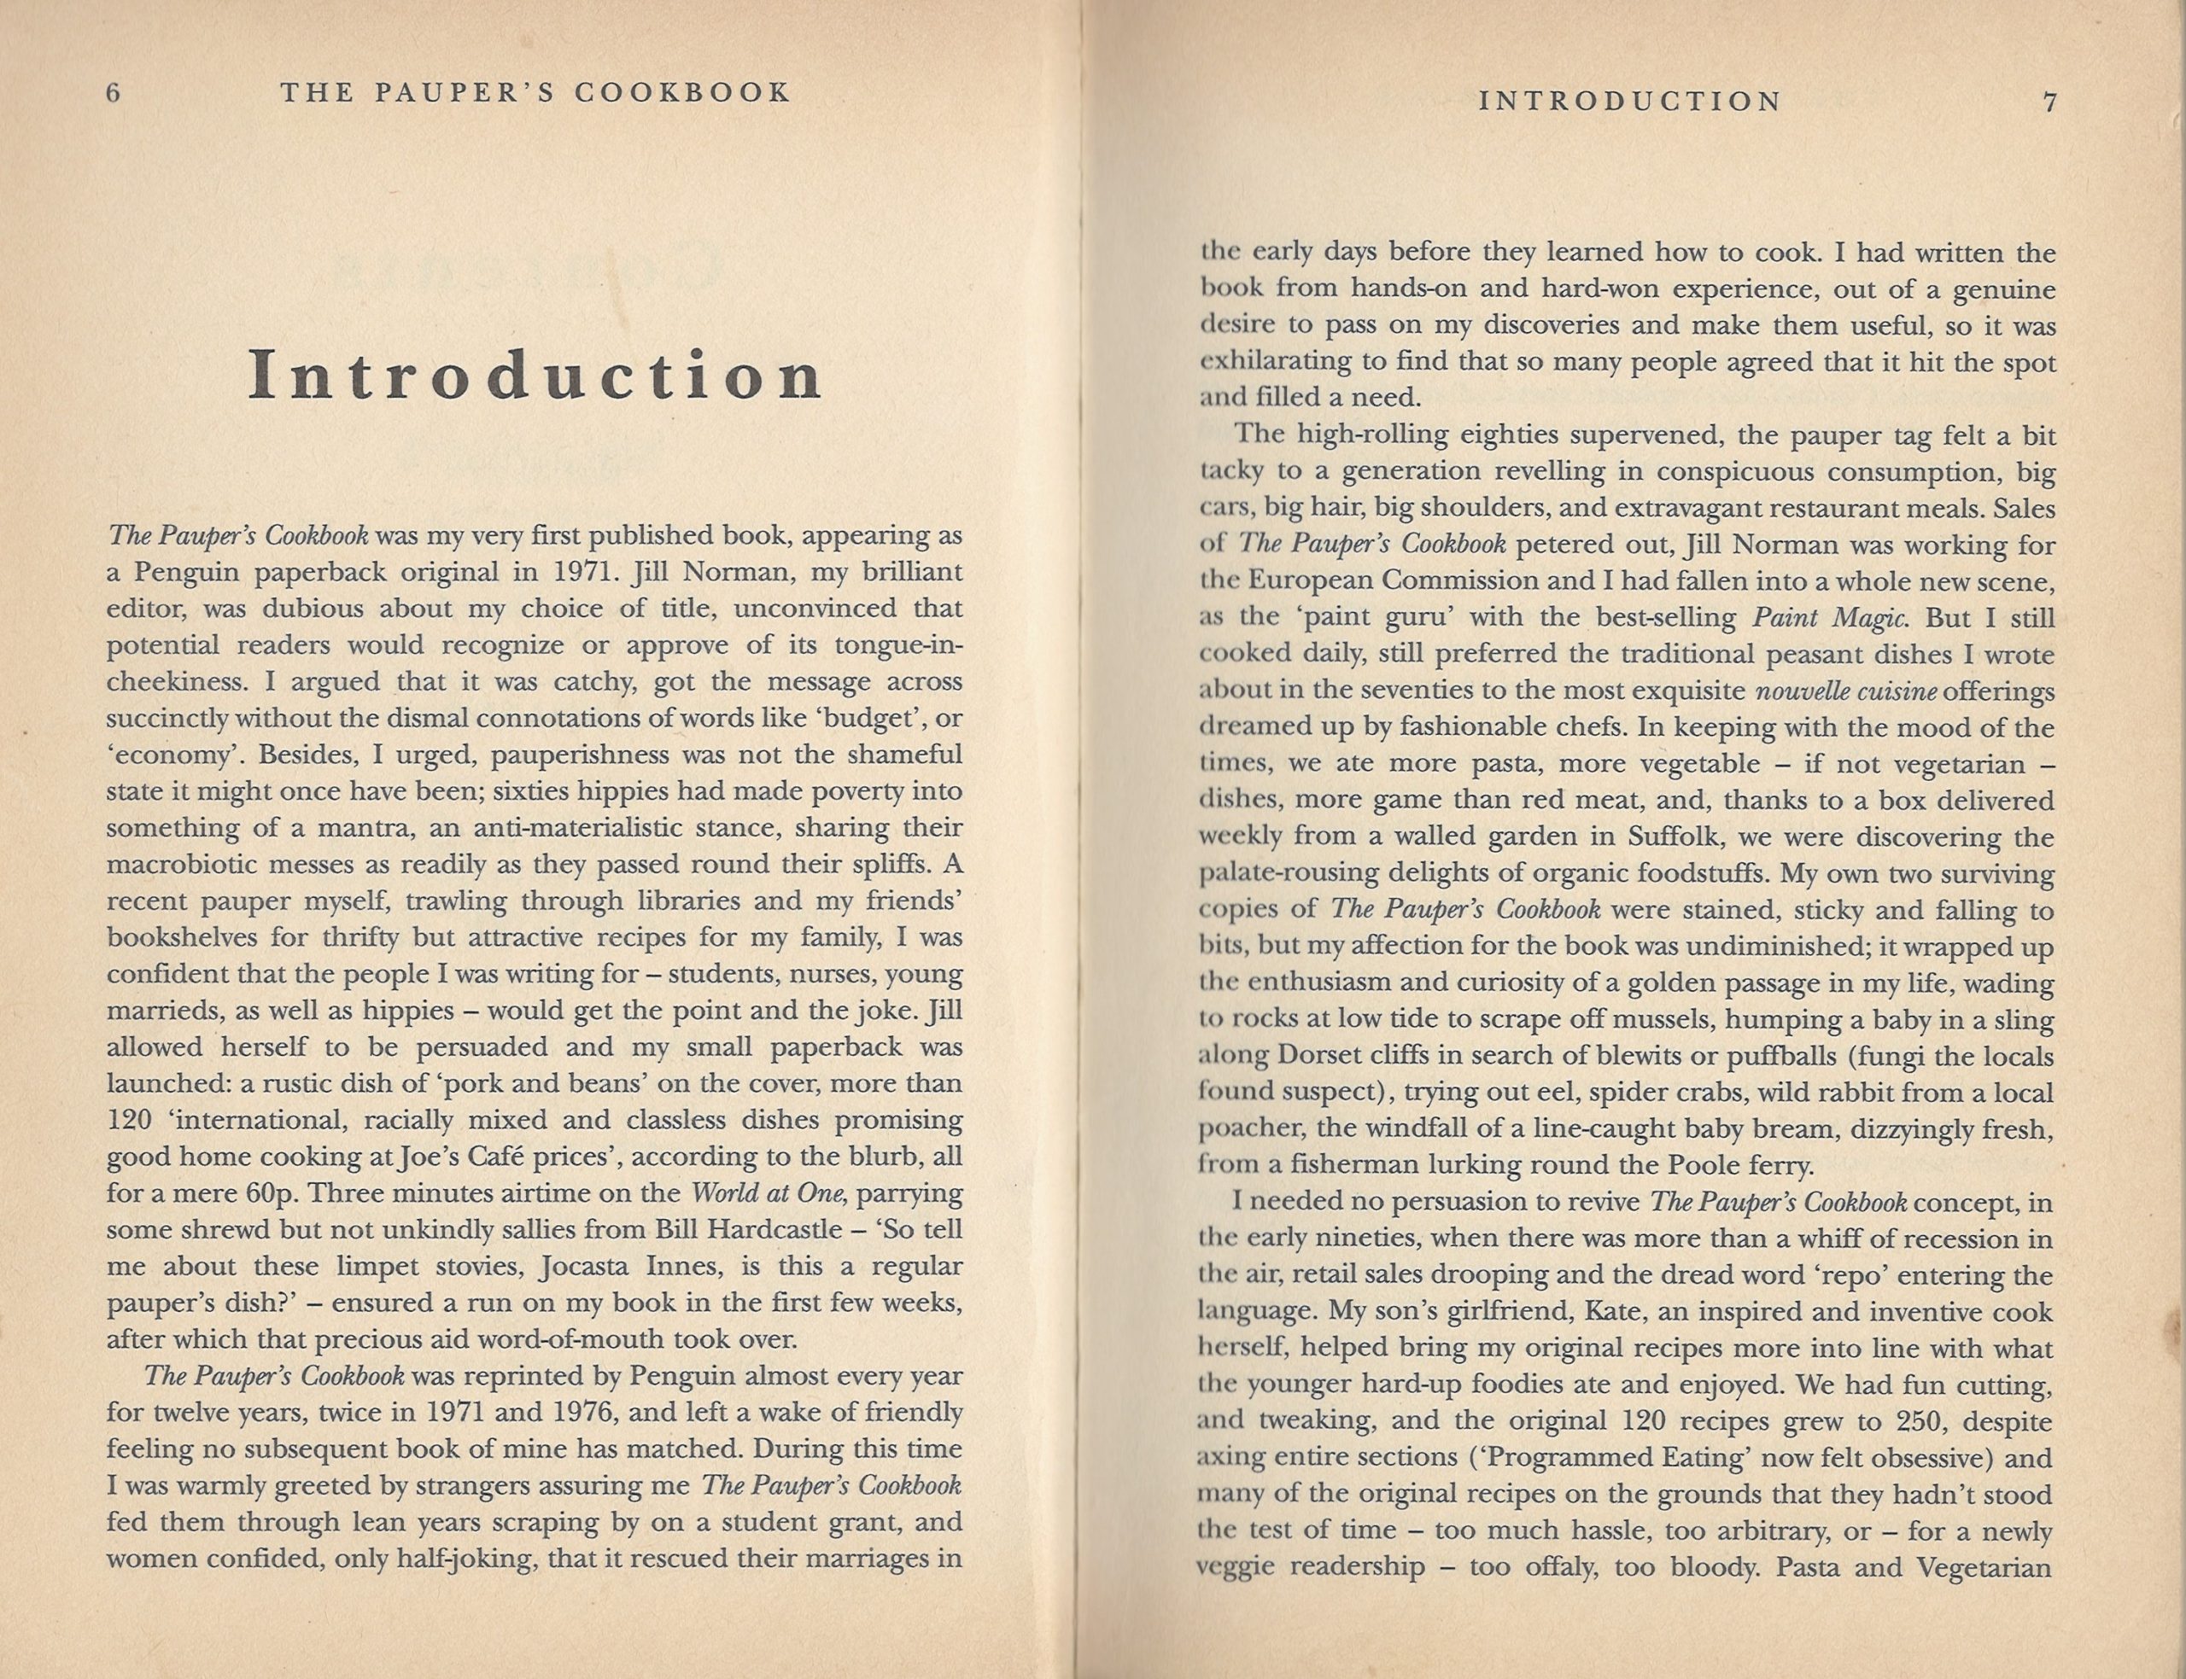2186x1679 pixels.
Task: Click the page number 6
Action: tap(113, 93)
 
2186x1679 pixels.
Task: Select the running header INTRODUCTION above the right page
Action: tap(1629, 102)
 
